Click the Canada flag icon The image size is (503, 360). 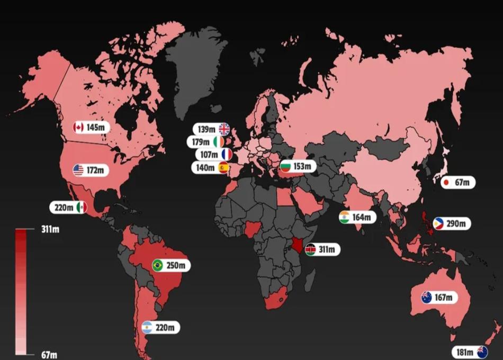point(78,128)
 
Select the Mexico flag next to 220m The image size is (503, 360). point(81,208)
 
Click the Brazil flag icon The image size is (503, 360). point(157,265)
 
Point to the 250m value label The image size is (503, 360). point(176,265)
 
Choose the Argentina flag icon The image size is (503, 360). point(147,328)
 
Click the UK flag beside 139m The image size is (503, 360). point(224,129)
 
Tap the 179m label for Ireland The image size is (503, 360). point(202,142)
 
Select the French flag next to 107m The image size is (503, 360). point(227,155)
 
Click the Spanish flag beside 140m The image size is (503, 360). point(224,168)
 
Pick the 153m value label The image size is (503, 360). point(303,166)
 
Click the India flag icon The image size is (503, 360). point(345,217)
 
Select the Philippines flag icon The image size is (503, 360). point(439,224)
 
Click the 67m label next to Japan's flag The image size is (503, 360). point(462,183)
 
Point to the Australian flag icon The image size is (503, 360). point(427,298)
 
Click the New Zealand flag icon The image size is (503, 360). point(482,352)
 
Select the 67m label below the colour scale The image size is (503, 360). point(49,355)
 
